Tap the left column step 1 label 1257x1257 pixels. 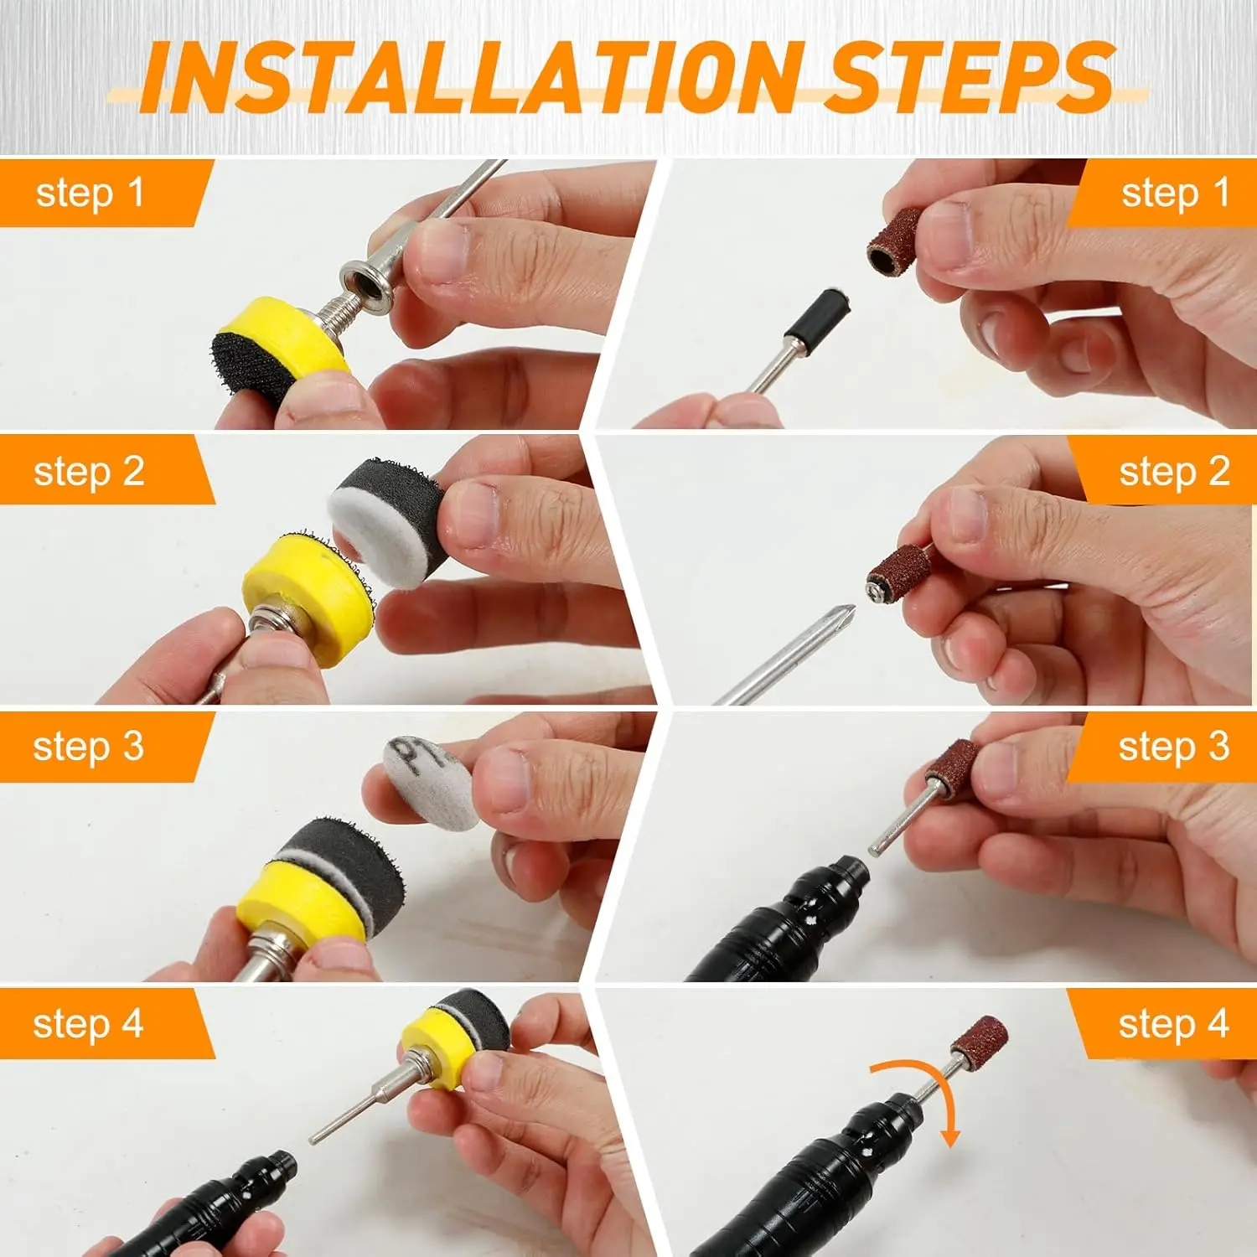[91, 194]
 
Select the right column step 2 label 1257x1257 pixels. [1174, 472]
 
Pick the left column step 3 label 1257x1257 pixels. [89, 747]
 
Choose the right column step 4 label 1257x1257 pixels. [1173, 1024]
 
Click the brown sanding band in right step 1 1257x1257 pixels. [895, 243]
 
